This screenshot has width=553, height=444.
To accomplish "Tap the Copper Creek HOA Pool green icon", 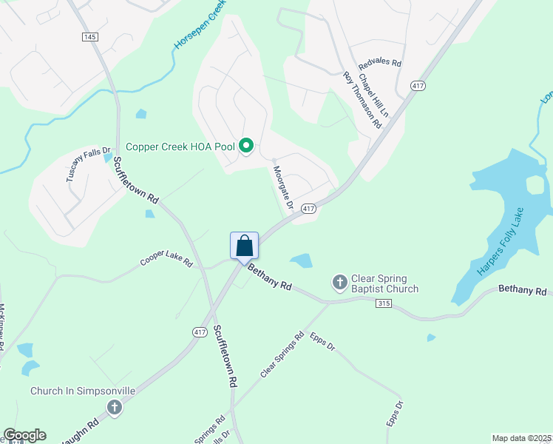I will (247, 147).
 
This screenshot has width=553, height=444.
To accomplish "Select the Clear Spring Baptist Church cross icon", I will (339, 282).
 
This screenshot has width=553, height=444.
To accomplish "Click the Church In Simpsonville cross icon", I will (114, 406).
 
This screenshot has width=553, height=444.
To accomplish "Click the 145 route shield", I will (90, 37).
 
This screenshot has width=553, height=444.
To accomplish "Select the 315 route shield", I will (383, 303).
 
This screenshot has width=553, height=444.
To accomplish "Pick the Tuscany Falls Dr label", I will (87, 164).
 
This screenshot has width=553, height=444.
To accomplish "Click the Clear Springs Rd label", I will (282, 356).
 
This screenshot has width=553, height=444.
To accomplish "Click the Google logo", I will (24, 435).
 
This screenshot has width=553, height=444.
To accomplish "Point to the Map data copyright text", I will (520, 438).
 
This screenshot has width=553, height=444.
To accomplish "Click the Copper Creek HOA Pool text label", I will (180, 147).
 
